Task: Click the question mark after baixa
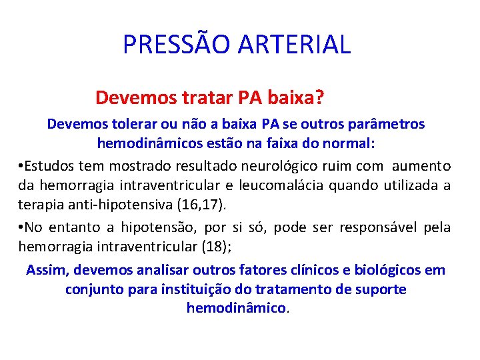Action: click(x=320, y=98)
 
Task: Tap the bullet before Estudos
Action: click(x=22, y=166)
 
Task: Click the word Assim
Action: click(x=47, y=271)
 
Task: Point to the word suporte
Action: click(x=380, y=289)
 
